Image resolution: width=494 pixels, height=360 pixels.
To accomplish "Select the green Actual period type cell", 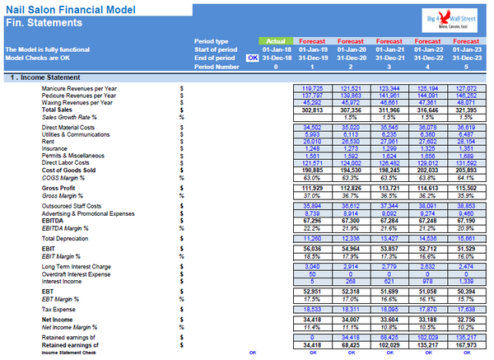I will point(276,40).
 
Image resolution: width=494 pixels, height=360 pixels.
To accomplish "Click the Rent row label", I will point(49,140).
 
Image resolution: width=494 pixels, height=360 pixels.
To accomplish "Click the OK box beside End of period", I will point(252,58).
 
